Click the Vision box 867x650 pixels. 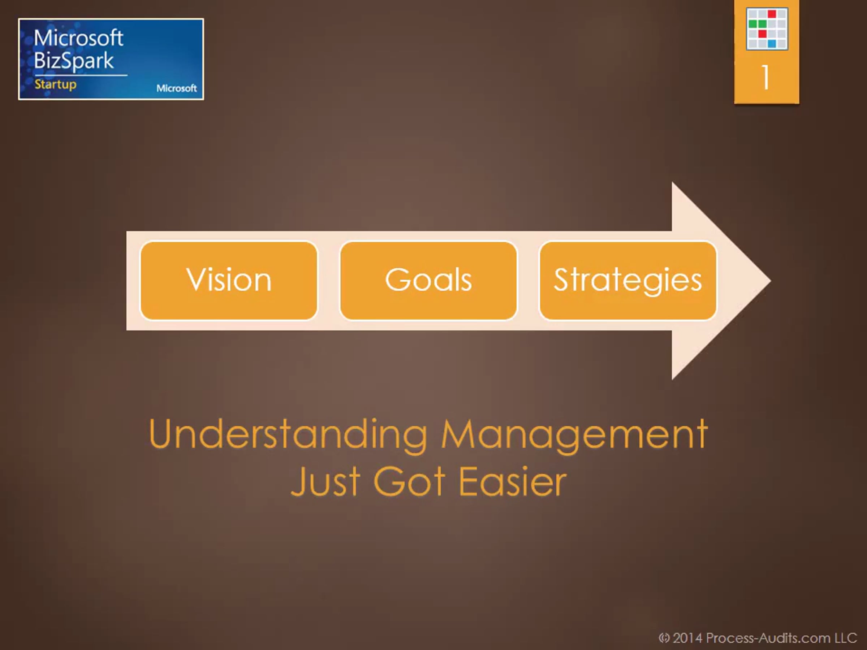click(x=229, y=281)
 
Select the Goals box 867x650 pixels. click(x=428, y=281)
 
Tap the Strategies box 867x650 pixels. click(x=628, y=281)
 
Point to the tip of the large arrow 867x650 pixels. click(x=771, y=281)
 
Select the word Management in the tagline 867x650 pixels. click(x=575, y=435)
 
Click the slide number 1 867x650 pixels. click(x=766, y=77)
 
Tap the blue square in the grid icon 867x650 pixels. click(x=771, y=43)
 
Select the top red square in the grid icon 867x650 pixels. click(x=772, y=14)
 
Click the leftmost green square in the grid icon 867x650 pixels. click(x=752, y=24)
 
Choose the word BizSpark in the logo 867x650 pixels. click(x=74, y=61)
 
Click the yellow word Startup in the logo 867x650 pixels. click(x=56, y=84)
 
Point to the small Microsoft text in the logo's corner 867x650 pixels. click(x=176, y=88)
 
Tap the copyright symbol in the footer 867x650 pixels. click(x=664, y=638)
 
